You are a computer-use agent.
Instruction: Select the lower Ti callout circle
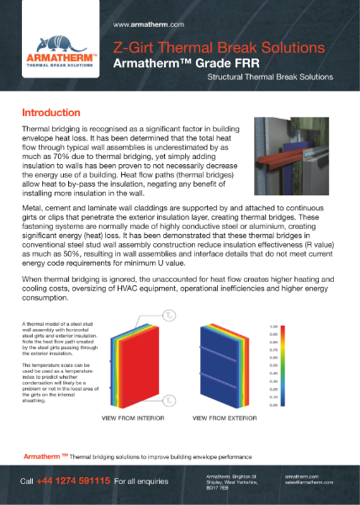[171, 401]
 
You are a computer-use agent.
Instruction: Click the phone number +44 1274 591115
[73, 481]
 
